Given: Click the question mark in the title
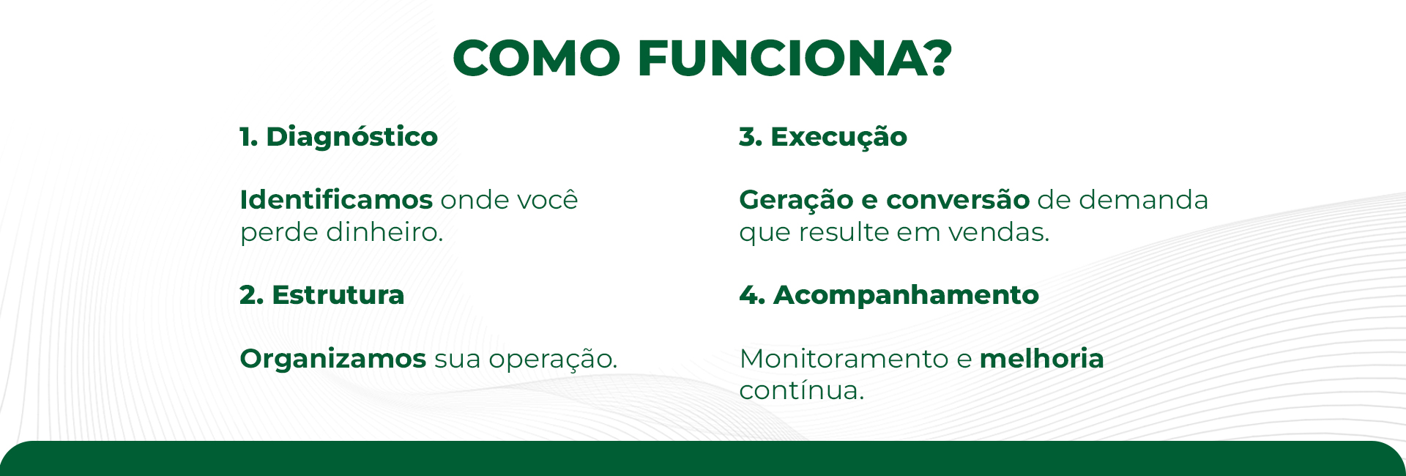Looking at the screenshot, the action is point(933,57).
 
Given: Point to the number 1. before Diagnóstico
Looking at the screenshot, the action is point(249,137).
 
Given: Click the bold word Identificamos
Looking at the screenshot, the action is point(336,199).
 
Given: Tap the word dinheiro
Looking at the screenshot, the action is point(384,231).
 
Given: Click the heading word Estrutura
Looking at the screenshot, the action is point(338,295).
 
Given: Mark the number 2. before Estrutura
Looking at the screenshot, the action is point(251,295).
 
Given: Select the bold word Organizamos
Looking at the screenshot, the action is point(333,359).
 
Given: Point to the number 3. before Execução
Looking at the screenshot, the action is point(751,137).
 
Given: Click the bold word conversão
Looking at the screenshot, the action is point(958,199).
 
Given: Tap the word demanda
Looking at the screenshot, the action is point(1144,199).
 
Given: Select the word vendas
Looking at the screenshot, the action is point(999,231).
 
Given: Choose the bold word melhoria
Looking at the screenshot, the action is point(1041,358).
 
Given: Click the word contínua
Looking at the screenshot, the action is point(802,390).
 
